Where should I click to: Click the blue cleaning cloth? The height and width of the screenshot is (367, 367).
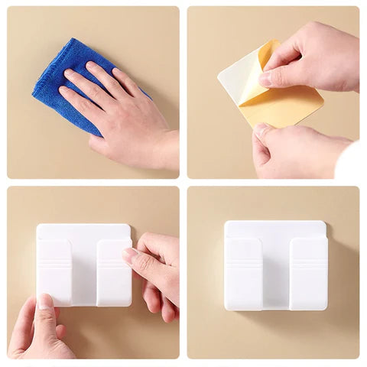coord(57,76)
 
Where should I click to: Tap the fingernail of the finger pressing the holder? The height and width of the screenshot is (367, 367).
coord(131,255)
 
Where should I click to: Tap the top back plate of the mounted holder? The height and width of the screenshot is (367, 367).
coord(276,229)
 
